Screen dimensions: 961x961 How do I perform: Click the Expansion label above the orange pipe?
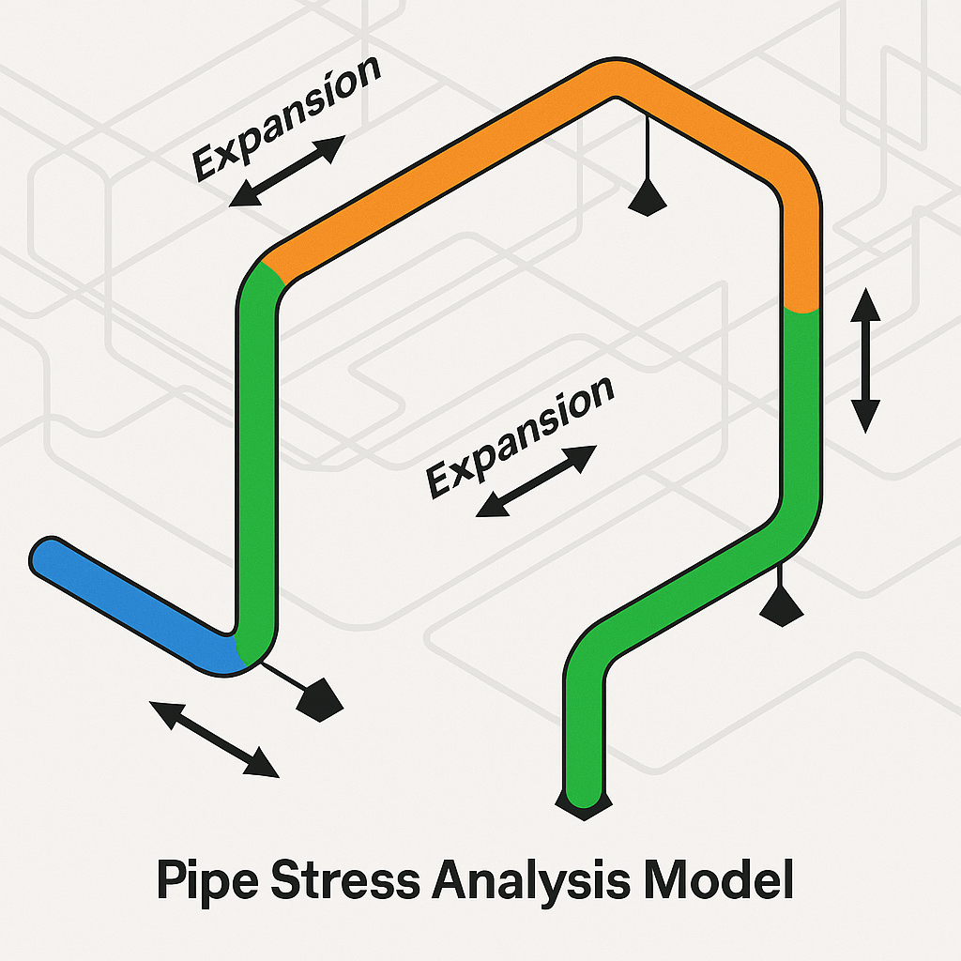pos(285,117)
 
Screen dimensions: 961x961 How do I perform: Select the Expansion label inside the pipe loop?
pos(520,436)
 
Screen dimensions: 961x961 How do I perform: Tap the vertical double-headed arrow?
pos(865,360)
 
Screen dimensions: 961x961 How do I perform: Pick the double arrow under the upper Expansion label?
pos(287,171)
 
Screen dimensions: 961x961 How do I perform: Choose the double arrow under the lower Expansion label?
pos(536,481)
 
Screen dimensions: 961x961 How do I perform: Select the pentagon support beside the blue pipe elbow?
pos(319,697)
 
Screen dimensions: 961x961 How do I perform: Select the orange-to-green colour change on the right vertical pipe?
pos(801,309)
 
